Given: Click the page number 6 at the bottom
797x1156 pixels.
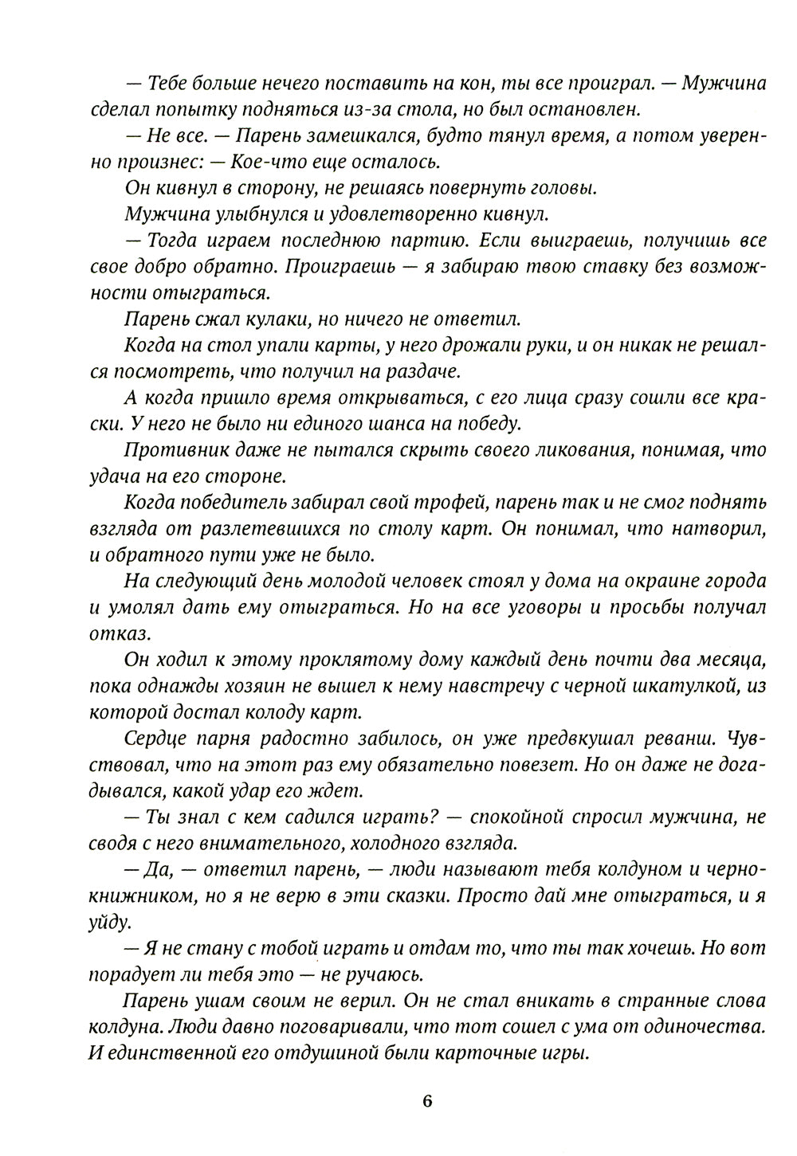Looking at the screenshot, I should point(427,1102).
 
